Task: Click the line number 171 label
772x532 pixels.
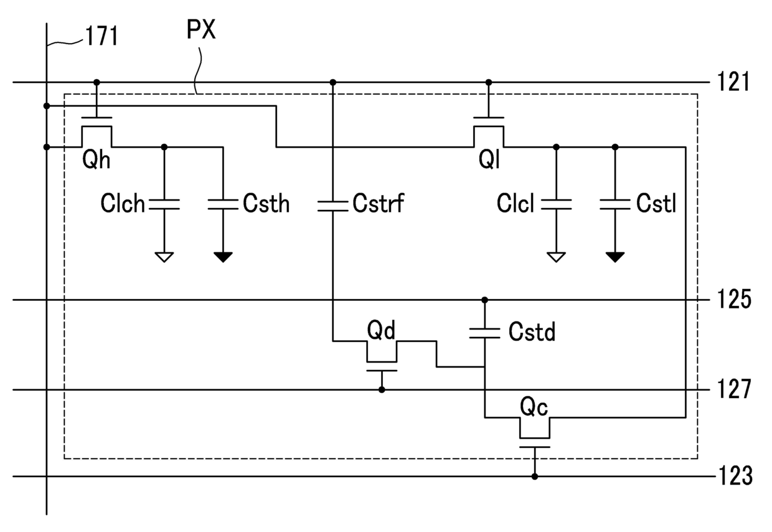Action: coord(101,36)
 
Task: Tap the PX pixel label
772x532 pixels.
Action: coord(201,30)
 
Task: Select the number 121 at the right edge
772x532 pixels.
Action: coord(733,82)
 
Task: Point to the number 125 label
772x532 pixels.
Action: coord(734,299)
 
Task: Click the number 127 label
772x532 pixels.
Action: coord(734,389)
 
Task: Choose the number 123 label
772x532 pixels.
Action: coord(735,476)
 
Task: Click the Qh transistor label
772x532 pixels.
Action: coord(96,160)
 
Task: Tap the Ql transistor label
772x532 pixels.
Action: coord(489,160)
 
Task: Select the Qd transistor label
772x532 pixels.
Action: coord(381,330)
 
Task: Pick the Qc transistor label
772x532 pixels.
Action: coord(534,407)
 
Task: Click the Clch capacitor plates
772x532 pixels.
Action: coord(164,204)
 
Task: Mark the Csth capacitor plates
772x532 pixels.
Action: coord(223,204)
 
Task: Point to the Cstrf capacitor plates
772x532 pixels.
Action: coord(332,206)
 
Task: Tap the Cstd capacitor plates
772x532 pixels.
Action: coord(484,333)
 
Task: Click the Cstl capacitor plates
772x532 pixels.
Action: coord(615,204)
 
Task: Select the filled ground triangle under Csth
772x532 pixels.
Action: coord(223,257)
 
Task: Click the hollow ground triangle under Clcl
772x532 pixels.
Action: coord(556,257)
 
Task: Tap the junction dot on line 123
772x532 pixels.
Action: coord(535,477)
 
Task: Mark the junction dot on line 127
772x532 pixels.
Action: coord(382,389)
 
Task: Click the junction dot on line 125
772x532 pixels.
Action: coord(484,300)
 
